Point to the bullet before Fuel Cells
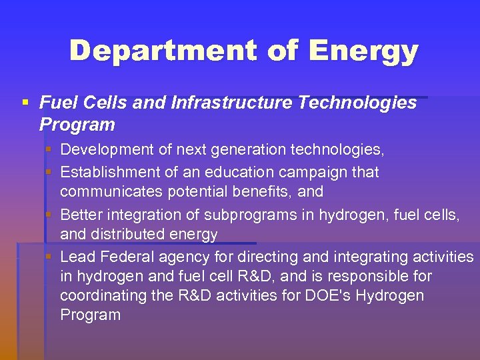(x=25, y=103)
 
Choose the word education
(x=229, y=172)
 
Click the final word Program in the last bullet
(x=91, y=315)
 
